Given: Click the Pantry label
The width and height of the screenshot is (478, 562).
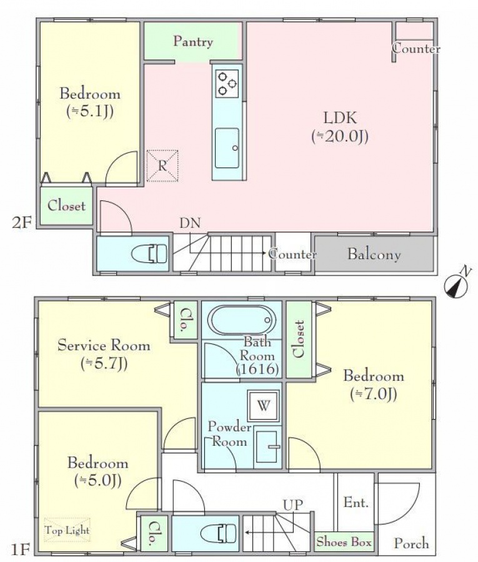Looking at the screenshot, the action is click(x=193, y=42).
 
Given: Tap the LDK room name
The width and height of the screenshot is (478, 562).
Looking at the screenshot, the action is click(x=340, y=118).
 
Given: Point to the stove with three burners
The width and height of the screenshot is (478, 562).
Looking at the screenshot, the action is click(x=227, y=84).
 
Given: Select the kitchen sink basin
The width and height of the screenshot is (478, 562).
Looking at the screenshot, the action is click(x=227, y=148).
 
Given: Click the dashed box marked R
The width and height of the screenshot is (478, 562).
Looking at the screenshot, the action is click(x=162, y=165).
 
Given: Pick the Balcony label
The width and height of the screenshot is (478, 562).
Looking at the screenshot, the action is click(x=374, y=254).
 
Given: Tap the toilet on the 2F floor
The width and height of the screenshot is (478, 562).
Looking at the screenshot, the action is click(x=149, y=254).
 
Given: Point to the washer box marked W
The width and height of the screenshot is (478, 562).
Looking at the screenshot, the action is click(x=264, y=406).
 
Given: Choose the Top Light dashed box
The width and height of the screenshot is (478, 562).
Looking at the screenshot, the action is click(x=67, y=530).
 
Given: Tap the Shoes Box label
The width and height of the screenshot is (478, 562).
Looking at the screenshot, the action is click(x=344, y=542).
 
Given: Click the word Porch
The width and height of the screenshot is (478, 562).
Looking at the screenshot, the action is click(x=411, y=544).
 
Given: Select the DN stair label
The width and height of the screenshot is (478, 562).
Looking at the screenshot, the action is click(x=190, y=224).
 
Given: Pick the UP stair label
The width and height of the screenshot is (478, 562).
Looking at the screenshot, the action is click(x=293, y=505).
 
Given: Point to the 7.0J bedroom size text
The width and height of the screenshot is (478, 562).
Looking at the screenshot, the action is click(x=374, y=394).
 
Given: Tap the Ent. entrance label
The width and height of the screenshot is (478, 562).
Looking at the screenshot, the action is click(x=356, y=503).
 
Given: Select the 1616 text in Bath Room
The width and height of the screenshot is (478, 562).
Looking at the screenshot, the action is click(x=257, y=369).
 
